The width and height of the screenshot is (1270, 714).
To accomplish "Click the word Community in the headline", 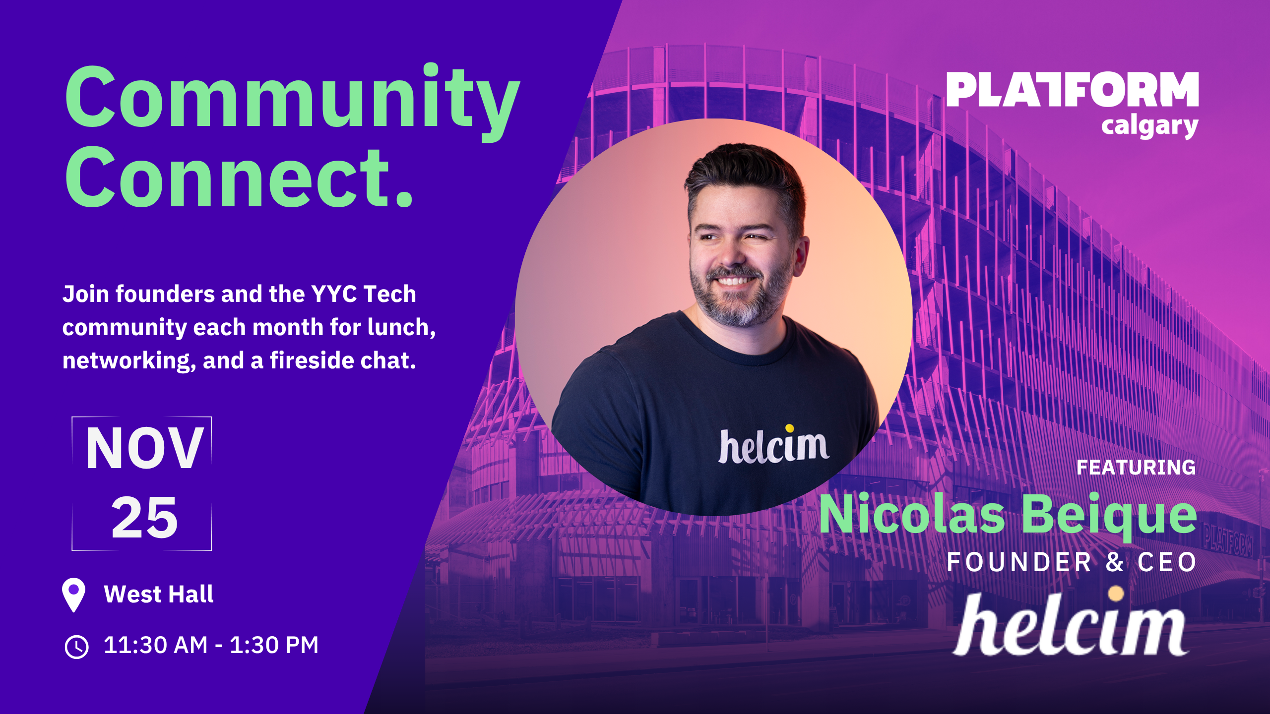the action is pyautogui.click(x=293, y=102).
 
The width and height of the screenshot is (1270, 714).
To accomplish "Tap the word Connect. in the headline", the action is pyautogui.click(x=239, y=177).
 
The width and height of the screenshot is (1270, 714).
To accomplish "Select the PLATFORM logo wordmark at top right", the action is pyautogui.click(x=1073, y=89).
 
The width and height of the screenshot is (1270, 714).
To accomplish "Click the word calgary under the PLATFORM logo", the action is pyautogui.click(x=1150, y=126).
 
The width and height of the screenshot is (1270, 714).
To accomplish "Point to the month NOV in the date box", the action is pyautogui.click(x=144, y=448).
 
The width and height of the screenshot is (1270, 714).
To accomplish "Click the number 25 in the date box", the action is pyautogui.click(x=144, y=518).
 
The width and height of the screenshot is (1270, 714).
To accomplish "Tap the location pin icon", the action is pyautogui.click(x=73, y=595).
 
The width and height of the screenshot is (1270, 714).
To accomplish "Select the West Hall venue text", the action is pyautogui.click(x=159, y=594).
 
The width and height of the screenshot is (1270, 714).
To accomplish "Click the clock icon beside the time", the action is pyautogui.click(x=77, y=647).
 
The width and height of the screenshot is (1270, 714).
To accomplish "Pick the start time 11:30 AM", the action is pyautogui.click(x=155, y=645).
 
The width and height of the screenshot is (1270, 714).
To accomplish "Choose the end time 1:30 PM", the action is pyautogui.click(x=274, y=645).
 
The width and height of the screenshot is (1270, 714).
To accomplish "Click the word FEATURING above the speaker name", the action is pyautogui.click(x=1136, y=468).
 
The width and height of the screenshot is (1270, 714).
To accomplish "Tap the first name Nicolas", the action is pyautogui.click(x=912, y=514).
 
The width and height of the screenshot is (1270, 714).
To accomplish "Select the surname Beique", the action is pyautogui.click(x=1110, y=517).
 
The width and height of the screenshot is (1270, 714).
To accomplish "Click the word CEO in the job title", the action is pyautogui.click(x=1167, y=562).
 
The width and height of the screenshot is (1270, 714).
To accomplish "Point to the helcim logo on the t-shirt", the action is pyautogui.click(x=773, y=444).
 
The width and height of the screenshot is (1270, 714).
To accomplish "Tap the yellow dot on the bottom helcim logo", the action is pyautogui.click(x=1116, y=594).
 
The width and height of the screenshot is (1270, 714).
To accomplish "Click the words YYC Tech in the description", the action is pyautogui.click(x=363, y=294).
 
